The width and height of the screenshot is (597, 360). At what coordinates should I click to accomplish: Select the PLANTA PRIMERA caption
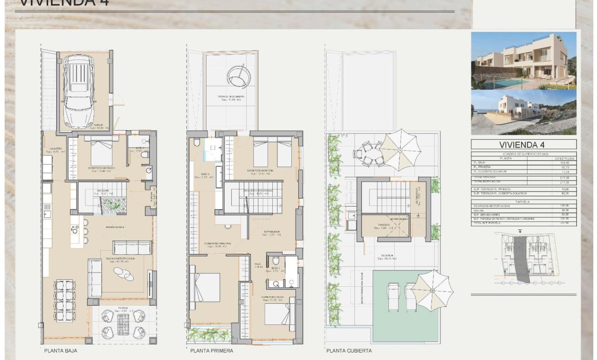[212, 350]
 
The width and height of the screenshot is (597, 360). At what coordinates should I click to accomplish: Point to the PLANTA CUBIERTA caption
[349, 350]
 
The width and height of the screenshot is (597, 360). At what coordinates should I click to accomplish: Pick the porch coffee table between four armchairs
[123, 323]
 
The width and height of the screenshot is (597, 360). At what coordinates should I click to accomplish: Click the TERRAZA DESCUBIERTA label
[231, 97]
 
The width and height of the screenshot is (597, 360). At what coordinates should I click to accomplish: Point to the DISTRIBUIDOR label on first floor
[272, 232]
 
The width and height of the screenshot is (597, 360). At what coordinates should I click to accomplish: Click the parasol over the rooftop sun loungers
[433, 290]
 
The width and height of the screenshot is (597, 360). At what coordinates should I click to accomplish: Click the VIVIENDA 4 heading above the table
[523, 144]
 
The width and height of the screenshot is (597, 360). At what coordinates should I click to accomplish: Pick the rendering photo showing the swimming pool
[523, 61]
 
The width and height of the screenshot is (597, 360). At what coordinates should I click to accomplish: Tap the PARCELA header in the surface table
[523, 202]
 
